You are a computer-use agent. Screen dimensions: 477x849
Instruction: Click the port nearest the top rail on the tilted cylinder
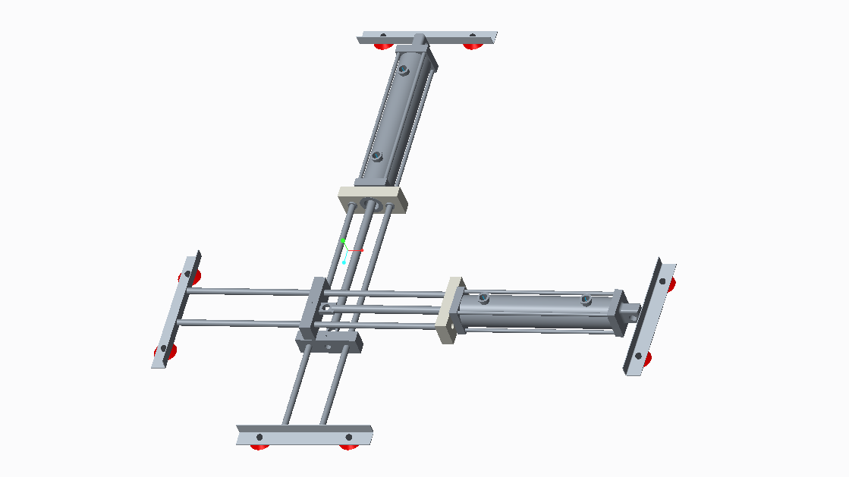(403, 71)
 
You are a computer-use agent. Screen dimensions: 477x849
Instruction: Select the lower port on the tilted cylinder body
(376, 157)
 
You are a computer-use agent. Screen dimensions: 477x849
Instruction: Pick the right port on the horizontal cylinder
(586, 300)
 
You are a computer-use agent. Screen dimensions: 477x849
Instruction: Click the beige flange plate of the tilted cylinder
(372, 201)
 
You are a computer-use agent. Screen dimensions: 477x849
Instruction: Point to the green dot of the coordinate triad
(343, 240)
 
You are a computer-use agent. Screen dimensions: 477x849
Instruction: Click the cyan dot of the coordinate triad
(344, 262)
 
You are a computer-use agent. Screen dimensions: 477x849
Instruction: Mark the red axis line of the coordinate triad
(357, 249)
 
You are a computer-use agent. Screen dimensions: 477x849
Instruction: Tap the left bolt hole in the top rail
(383, 36)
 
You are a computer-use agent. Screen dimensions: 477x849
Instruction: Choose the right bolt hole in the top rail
(472, 36)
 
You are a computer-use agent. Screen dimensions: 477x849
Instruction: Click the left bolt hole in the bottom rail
(259, 437)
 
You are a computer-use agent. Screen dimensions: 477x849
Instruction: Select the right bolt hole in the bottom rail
(349, 437)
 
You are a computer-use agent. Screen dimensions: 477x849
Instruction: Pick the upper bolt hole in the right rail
(662, 282)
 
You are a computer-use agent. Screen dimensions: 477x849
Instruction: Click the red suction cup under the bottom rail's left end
(259, 447)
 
